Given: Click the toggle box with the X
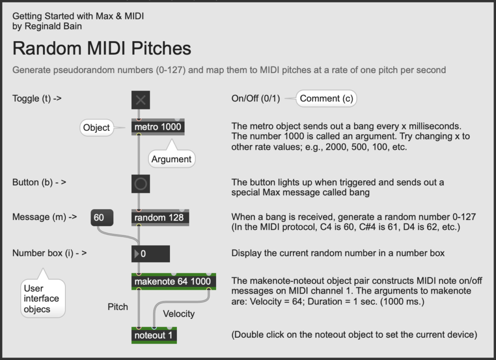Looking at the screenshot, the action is (141, 100).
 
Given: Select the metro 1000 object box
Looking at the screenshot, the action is (158, 127).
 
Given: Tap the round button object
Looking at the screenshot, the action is (141, 184).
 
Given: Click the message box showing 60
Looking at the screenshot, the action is (102, 218).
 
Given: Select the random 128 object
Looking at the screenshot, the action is (160, 218).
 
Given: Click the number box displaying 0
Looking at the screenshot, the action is (151, 254).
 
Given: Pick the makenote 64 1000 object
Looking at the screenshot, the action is (174, 282).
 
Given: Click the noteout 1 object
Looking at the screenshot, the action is (154, 335).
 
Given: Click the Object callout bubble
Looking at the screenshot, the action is (97, 128).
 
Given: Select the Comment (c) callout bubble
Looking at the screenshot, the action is (326, 98).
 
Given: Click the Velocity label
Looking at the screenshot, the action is (179, 314).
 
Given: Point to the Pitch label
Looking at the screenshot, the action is (118, 307).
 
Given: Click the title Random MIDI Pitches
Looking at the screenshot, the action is (102, 48).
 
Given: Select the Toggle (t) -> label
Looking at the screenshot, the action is (37, 98).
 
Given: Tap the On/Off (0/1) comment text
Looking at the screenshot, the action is (256, 98).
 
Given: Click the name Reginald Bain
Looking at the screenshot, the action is (53, 26).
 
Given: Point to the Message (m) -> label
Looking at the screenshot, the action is (45, 217).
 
